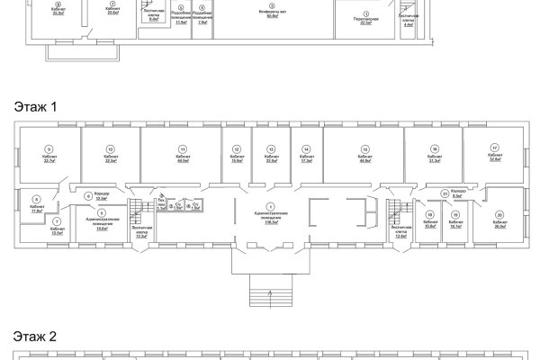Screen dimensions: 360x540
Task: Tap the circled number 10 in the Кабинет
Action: tap(110, 148)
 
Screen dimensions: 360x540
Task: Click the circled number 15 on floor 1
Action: tap(365, 148)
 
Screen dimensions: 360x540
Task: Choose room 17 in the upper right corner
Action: tap(494, 148)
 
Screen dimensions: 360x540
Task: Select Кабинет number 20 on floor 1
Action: tap(499, 214)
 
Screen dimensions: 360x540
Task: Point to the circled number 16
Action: tap(434, 148)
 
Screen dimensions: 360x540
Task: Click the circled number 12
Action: tap(237, 148)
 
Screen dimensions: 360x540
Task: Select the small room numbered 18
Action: tap(428, 214)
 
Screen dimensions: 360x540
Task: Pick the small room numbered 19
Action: tap(455, 214)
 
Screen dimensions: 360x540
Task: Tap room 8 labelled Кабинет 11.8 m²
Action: tap(37, 199)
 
